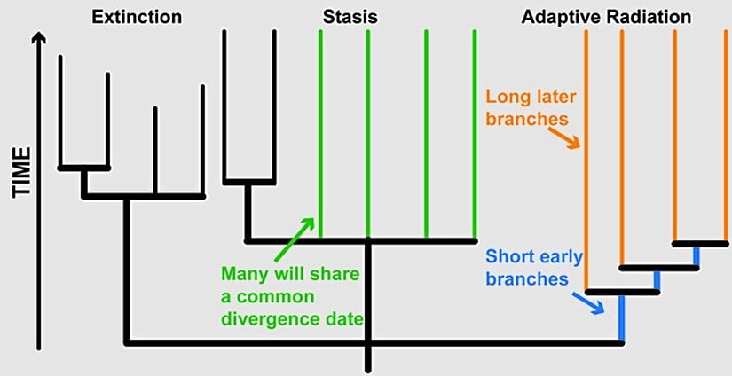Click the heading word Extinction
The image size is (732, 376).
(138, 16)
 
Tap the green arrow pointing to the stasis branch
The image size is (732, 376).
(302, 229)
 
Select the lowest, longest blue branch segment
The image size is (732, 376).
(621, 317)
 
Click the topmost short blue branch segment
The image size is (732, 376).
(697, 255)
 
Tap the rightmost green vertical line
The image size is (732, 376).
(476, 133)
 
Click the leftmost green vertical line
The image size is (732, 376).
(320, 133)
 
